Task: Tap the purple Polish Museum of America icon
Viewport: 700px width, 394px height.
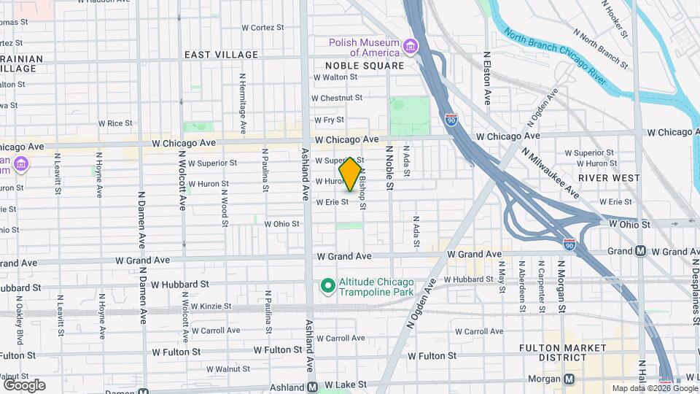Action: (x=411, y=48)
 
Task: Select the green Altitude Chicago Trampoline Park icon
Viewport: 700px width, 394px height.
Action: (x=327, y=285)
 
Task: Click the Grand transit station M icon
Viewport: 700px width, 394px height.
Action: (x=640, y=252)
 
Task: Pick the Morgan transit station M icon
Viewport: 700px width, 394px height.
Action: (x=569, y=379)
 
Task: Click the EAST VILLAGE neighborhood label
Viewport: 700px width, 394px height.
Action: (x=221, y=55)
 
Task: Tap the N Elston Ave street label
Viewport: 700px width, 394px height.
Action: (x=487, y=77)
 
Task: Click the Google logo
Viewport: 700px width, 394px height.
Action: (x=25, y=385)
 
